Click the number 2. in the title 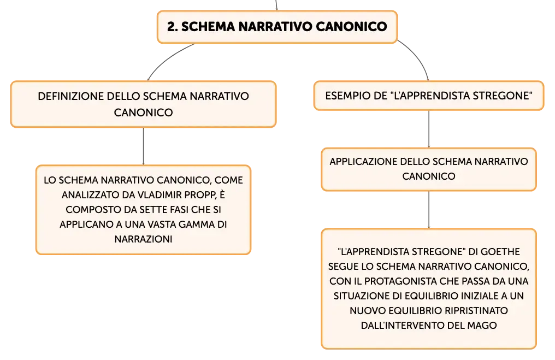[173, 27]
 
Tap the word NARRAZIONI [143, 239]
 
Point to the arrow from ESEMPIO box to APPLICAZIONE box [429, 129]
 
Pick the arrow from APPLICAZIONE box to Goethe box [429, 210]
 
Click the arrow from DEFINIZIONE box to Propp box [143, 146]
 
